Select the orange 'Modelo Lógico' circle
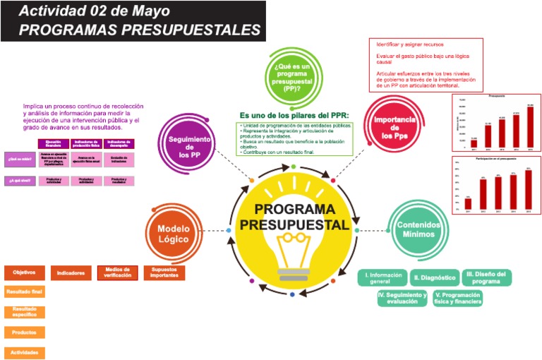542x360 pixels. pos(174,234)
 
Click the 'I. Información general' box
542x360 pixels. pos(384,278)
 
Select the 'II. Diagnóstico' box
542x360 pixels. pos(435,278)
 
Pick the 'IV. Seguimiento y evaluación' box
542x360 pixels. pos(402,298)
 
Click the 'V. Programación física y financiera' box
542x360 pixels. pos(459,298)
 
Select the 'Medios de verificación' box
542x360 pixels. pos(117,273)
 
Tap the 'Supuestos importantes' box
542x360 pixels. pos(164,273)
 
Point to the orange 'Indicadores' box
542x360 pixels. pos(71,273)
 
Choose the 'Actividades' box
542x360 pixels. pos(25,352)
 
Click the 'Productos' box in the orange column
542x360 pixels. pos(25,332)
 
